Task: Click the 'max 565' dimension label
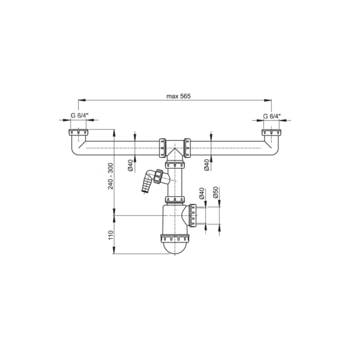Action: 178,96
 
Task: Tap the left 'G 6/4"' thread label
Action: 78,115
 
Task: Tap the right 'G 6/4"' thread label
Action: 272,116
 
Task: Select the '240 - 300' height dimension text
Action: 110,176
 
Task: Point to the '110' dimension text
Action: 110,235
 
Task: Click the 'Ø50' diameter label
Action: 215,193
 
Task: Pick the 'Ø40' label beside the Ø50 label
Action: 202,193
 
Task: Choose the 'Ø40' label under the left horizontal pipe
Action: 130,166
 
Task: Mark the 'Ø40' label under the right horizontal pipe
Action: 206,165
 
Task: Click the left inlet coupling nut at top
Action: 78,132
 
